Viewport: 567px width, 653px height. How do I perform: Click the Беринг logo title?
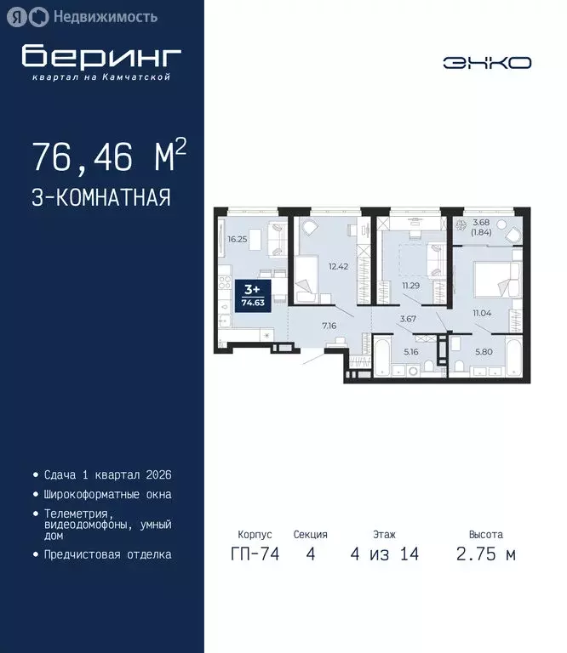coord(101,56)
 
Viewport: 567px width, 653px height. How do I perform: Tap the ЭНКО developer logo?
coord(487,62)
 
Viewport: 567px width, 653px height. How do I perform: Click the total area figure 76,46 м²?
coord(109,157)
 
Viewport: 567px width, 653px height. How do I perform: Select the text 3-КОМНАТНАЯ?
coord(101,198)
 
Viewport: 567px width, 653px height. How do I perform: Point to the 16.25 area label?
coord(238,240)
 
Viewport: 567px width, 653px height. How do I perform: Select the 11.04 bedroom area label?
coord(484,313)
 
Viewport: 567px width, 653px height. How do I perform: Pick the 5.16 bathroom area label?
coord(411,351)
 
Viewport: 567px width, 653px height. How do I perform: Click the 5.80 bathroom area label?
coord(483,351)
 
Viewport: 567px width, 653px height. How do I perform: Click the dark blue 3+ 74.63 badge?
coord(251,296)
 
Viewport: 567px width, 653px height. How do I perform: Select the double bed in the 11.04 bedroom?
coord(495,279)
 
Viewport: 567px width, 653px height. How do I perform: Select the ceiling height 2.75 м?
coord(485,554)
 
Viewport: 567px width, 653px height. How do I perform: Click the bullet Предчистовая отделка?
coord(107,554)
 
